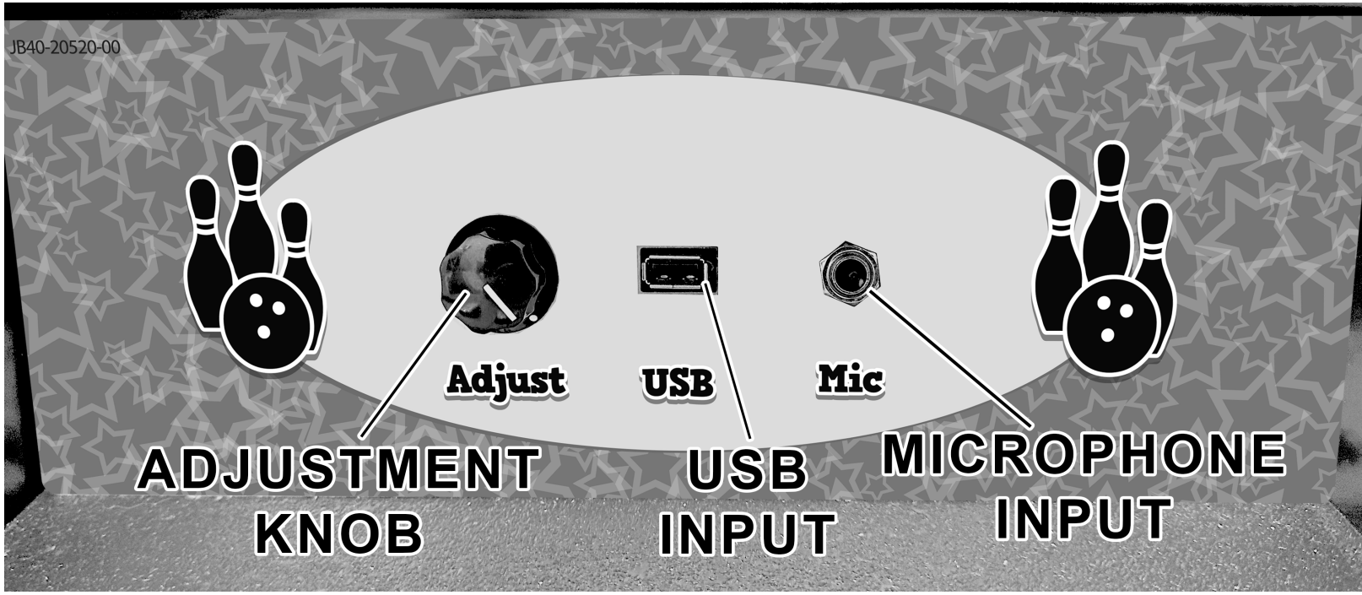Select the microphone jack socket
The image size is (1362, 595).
pyautogui.click(x=849, y=271)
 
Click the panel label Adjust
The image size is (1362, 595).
pyautogui.click(x=505, y=381)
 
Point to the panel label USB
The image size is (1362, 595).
pyautogui.click(x=677, y=381)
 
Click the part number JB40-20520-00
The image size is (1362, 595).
pyautogui.click(x=63, y=47)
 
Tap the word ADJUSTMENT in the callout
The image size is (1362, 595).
pyautogui.click(x=338, y=470)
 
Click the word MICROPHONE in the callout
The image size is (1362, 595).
pyautogui.click(x=1084, y=455)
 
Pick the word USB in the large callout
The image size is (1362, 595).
pyautogui.click(x=747, y=471)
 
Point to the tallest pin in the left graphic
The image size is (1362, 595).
pyautogui.click(x=245, y=211)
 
